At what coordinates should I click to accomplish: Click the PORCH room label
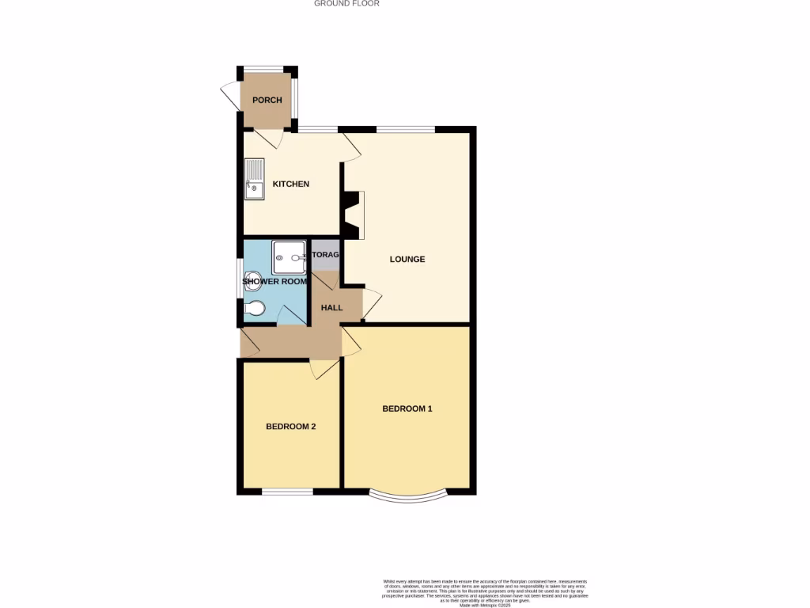pos(267,101)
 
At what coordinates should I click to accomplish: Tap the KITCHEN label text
pos(290,184)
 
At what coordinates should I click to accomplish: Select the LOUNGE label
pos(407,259)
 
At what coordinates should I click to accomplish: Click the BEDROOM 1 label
pos(407,408)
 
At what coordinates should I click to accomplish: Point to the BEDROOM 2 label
pos(290,426)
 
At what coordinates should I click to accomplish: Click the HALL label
pos(331,307)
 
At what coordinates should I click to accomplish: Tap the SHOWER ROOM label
pos(274,282)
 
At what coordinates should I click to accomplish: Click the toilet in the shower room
pos(254,309)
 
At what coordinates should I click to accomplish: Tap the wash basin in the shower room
pos(251,277)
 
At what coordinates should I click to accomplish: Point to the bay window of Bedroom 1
pos(407,496)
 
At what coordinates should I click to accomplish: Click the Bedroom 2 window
pos(287,492)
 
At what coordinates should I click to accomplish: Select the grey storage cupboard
pos(325,255)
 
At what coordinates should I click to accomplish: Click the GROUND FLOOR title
pos(346,4)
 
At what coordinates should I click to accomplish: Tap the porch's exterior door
pos(229,97)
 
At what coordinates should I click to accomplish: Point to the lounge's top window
pos(404,129)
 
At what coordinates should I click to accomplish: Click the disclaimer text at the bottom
pos(485,591)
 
